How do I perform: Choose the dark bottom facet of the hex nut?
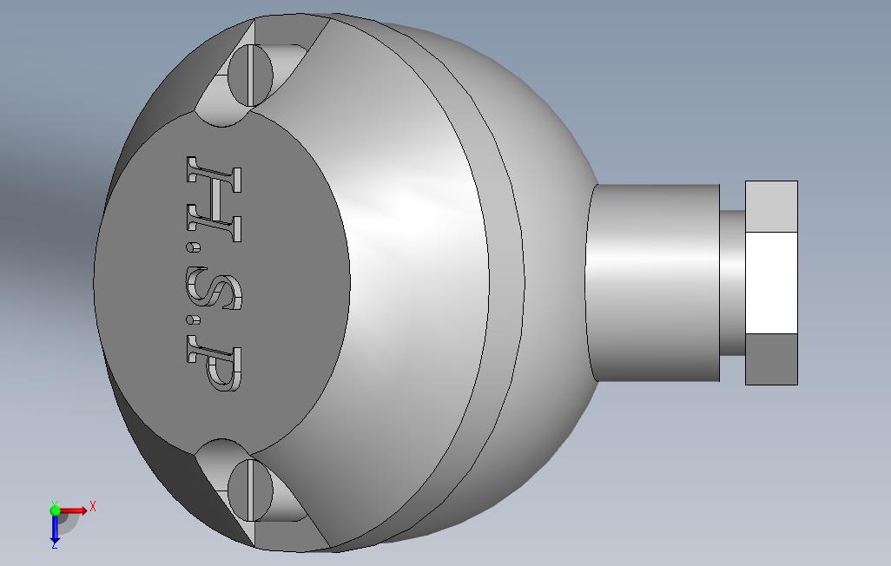point(771,359)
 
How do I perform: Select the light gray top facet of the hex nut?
point(771,207)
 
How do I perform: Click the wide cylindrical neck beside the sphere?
point(653,282)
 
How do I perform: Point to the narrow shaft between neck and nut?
point(732,282)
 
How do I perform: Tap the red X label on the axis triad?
point(93,506)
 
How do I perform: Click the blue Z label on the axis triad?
point(54,545)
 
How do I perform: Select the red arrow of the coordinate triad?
point(75,510)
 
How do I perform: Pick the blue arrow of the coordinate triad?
point(55,528)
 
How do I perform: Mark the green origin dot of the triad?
point(56,510)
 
